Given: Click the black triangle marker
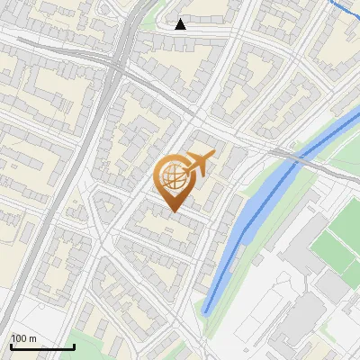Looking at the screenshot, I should tap(181, 24).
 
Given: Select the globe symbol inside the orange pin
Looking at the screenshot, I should tap(174, 177).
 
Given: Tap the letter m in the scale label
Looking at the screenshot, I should tap(32, 338).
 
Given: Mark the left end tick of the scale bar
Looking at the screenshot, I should tap(11, 346).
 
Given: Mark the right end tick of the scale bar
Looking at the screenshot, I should tap(75, 346).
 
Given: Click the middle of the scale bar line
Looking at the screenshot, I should tap(42, 347).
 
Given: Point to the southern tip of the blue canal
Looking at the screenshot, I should tap(206, 311).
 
